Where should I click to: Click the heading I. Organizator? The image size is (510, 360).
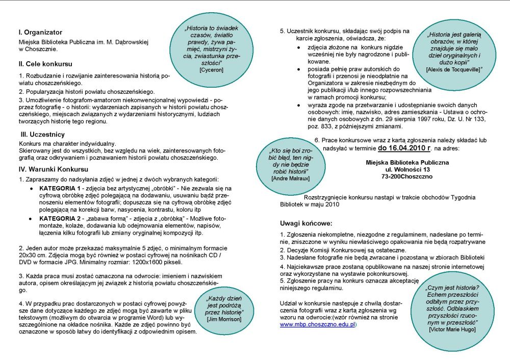point(40,32)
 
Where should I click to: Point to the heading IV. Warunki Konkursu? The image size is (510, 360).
point(54,169)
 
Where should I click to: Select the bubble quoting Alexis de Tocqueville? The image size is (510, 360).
point(453,51)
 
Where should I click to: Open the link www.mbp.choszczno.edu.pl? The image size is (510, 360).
point(317,324)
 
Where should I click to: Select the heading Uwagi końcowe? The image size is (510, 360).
point(305,223)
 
